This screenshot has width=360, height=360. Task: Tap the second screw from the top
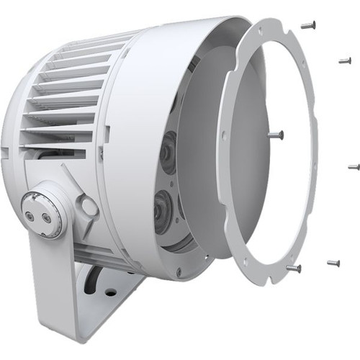tap(345, 61)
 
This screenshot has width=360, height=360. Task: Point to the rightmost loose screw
tap(353, 167)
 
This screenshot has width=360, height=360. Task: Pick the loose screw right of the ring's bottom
tap(333, 263)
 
